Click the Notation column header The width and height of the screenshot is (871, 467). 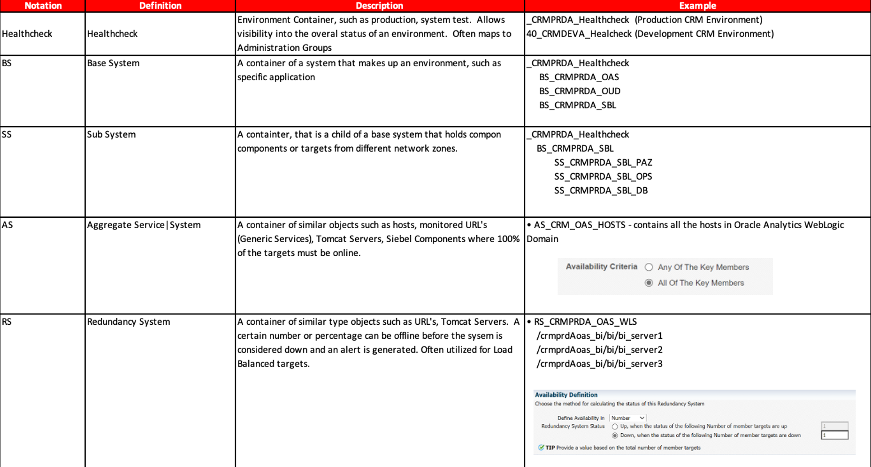pyautogui.click(x=43, y=6)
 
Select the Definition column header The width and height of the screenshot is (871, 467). pyautogui.click(x=160, y=6)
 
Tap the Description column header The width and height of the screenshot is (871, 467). pyautogui.click(x=379, y=6)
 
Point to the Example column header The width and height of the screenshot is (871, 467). pyautogui.click(x=697, y=6)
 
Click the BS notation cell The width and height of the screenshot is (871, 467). pyautogui.click(x=7, y=63)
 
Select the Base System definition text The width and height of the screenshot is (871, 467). pyautogui.click(x=113, y=63)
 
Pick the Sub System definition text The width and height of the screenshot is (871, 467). pyautogui.click(x=111, y=135)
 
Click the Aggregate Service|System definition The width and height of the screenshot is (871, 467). pyautogui.click(x=144, y=225)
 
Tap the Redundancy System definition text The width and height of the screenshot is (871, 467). pyautogui.click(x=129, y=322)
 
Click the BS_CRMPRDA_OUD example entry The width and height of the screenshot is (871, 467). pyautogui.click(x=580, y=91)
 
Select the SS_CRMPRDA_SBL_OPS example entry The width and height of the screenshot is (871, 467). pyautogui.click(x=603, y=176)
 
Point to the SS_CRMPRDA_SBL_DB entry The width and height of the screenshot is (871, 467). pyautogui.click(x=601, y=191)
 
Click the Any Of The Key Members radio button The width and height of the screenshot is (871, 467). pyautogui.click(x=649, y=267)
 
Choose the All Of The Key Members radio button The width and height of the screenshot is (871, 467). pyautogui.click(x=649, y=283)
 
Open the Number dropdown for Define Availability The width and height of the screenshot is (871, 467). pyautogui.click(x=628, y=418)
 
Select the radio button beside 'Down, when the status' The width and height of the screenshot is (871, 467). pyautogui.click(x=615, y=436)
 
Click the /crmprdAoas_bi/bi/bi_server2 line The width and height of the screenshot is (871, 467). pyautogui.click(x=599, y=350)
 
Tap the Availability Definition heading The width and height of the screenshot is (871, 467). pyautogui.click(x=566, y=395)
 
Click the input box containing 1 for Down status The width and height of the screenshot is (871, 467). pyautogui.click(x=834, y=436)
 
